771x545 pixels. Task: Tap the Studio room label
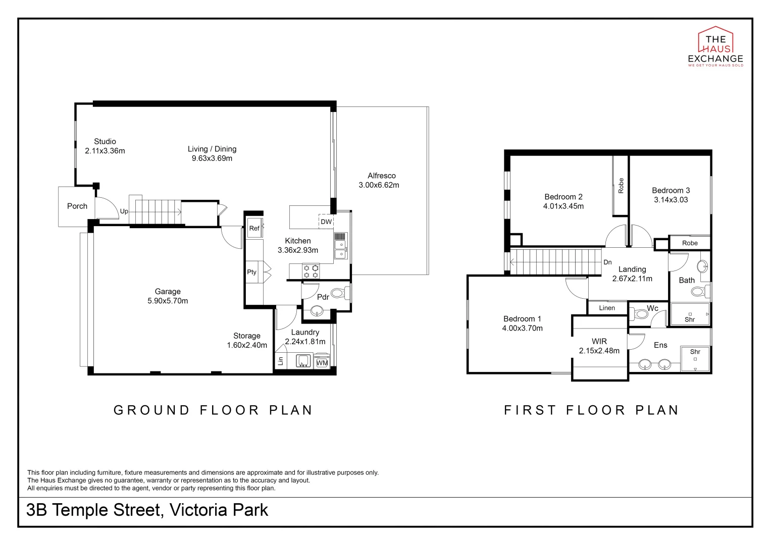pyautogui.click(x=105, y=141)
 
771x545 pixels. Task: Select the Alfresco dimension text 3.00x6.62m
pyautogui.click(x=379, y=185)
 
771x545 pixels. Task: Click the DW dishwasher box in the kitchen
pyautogui.click(x=326, y=222)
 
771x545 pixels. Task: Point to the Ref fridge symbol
pyautogui.click(x=254, y=228)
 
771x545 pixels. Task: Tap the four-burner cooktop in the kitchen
pyautogui.click(x=311, y=271)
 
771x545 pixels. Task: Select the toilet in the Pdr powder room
pyautogui.click(x=340, y=294)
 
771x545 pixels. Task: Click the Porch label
pyautogui.click(x=77, y=206)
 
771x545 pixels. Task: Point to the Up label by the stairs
pyautogui.click(x=124, y=211)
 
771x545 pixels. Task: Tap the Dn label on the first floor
pyautogui.click(x=607, y=262)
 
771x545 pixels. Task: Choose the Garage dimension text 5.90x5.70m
pyautogui.click(x=168, y=301)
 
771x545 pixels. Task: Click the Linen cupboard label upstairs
pyautogui.click(x=607, y=308)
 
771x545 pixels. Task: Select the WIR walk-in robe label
pyautogui.click(x=599, y=341)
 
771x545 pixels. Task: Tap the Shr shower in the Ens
pyautogui.click(x=695, y=359)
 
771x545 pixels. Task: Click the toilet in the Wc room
pyautogui.click(x=639, y=314)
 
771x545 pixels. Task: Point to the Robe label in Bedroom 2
pyautogui.click(x=621, y=186)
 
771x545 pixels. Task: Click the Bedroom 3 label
pyautogui.click(x=671, y=190)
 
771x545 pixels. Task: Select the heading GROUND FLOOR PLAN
pyautogui.click(x=213, y=410)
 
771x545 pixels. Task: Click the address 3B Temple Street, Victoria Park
pyautogui.click(x=147, y=510)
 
